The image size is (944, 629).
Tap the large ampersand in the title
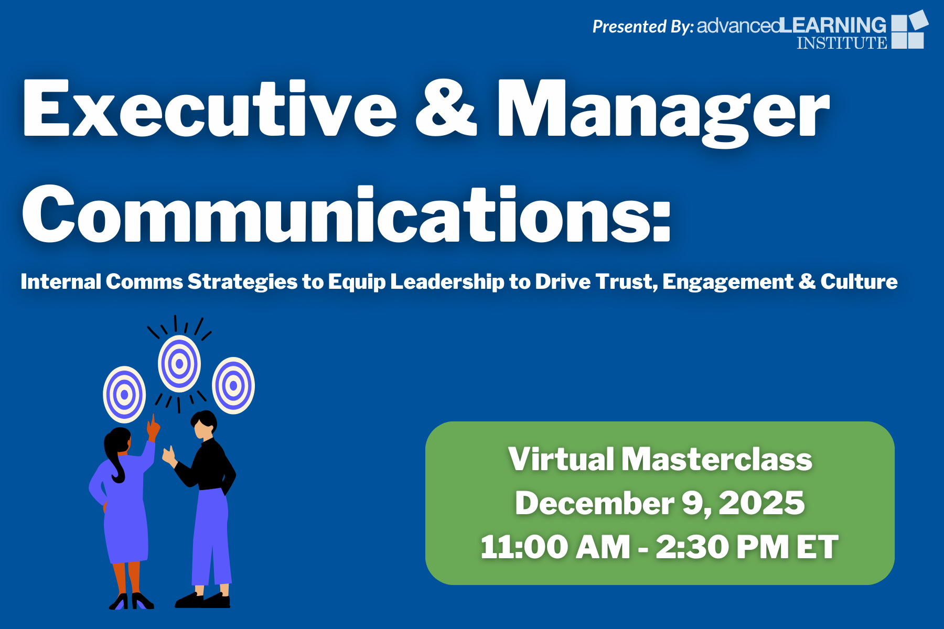(446, 108)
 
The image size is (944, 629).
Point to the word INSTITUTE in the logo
(842, 42)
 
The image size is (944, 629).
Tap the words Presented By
(643, 26)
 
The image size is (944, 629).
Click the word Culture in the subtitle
(859, 281)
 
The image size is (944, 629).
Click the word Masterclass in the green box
(717, 459)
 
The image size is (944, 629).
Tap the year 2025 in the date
(761, 503)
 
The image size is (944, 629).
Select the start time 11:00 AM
(555, 547)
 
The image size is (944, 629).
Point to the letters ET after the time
(818, 547)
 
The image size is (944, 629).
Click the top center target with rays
(179, 364)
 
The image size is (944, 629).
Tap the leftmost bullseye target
(124, 395)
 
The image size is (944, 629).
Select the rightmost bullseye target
(233, 386)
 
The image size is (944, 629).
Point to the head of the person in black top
(203, 425)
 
